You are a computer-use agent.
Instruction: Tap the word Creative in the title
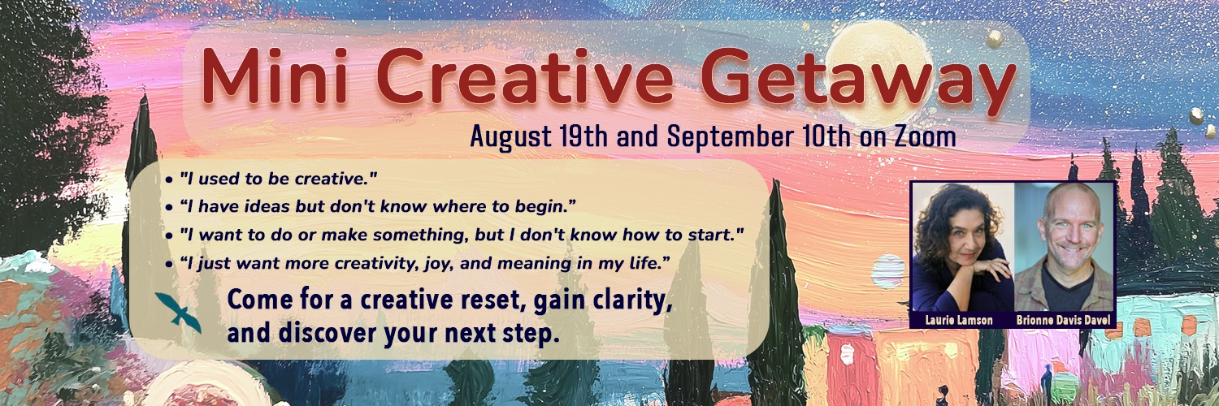click(x=525, y=76)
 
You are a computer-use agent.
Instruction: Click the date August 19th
click(x=539, y=136)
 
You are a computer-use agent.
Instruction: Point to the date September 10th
click(x=759, y=136)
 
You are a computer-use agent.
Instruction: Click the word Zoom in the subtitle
click(x=925, y=136)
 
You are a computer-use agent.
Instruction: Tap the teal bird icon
click(x=178, y=313)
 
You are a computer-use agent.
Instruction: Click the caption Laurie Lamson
click(x=959, y=320)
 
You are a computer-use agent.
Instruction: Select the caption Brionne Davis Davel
click(x=1063, y=320)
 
